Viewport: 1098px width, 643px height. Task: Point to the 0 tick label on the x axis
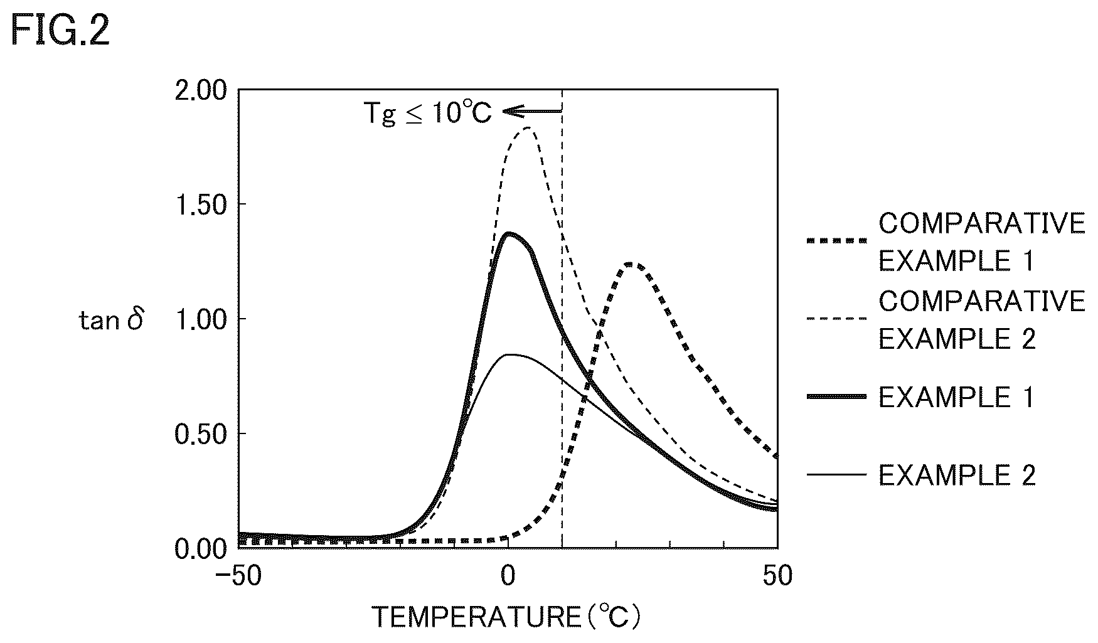pyautogui.click(x=508, y=577)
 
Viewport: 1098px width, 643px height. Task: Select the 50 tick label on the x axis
pyautogui.click(x=777, y=577)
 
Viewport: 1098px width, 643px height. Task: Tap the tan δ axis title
pyautogui.click(x=111, y=321)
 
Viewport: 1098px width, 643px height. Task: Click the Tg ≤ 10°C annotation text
pyautogui.click(x=428, y=113)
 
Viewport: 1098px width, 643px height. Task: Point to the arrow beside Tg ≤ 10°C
pyautogui.click(x=532, y=112)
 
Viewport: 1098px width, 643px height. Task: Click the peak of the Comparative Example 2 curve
pyautogui.click(x=526, y=128)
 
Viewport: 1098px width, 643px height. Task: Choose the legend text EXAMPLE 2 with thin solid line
pyautogui.click(x=956, y=476)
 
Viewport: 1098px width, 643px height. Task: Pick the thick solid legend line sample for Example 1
pyautogui.click(x=837, y=396)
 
